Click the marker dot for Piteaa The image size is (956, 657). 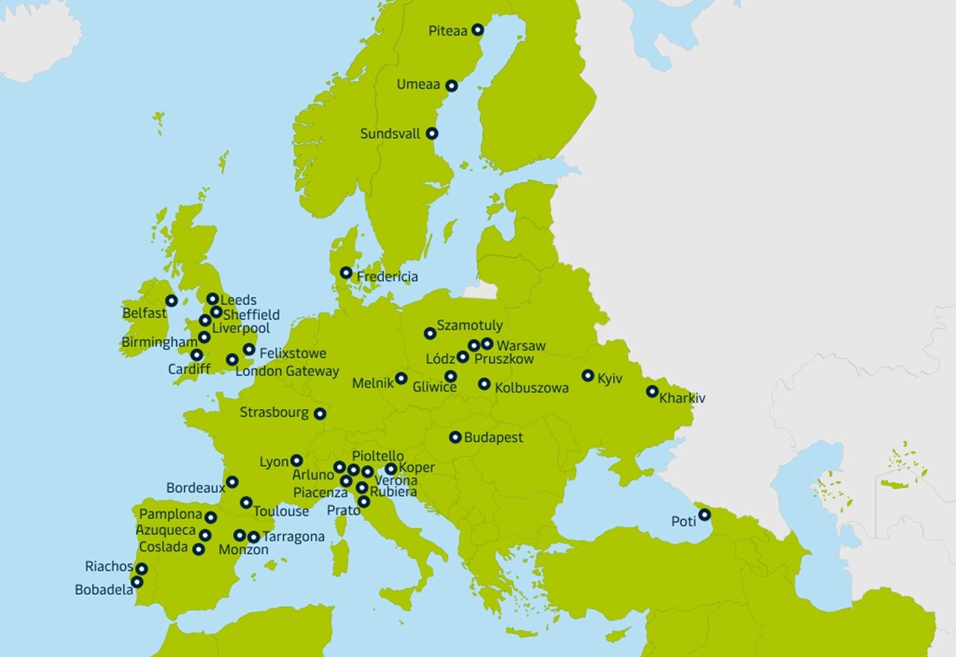click(x=477, y=30)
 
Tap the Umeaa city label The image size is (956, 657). click(x=418, y=84)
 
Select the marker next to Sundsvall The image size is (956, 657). click(x=432, y=134)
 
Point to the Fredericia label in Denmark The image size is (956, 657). click(x=387, y=277)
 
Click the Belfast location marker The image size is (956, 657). click(x=172, y=300)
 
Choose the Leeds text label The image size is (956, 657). click(x=238, y=300)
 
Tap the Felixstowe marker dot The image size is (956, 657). click(x=249, y=349)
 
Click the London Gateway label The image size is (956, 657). click(x=287, y=371)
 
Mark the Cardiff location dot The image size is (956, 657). click(x=196, y=355)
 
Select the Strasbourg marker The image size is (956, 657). click(x=320, y=413)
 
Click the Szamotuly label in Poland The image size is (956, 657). click(x=469, y=325)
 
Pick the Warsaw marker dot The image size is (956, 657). click(x=487, y=344)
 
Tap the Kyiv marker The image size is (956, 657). click(x=588, y=375)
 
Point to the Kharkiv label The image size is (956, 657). click(x=682, y=398)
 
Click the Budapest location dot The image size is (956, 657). click(x=455, y=437)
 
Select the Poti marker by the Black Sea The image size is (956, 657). click(x=704, y=514)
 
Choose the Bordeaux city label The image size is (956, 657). click(x=195, y=487)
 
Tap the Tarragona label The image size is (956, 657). click(x=293, y=537)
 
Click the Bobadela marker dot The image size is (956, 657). click(x=137, y=582)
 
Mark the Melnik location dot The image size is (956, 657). click(x=401, y=378)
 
